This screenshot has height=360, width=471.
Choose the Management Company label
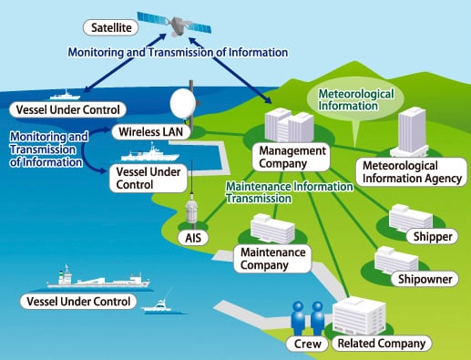click(291, 156)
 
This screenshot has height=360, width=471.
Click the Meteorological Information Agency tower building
click(412, 132)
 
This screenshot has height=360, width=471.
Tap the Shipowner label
click(423, 279)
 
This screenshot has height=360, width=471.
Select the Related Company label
click(380, 344)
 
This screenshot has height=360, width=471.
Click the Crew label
click(305, 344)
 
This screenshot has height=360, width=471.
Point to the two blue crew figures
click(305, 317)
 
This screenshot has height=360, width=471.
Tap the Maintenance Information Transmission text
click(288, 193)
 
